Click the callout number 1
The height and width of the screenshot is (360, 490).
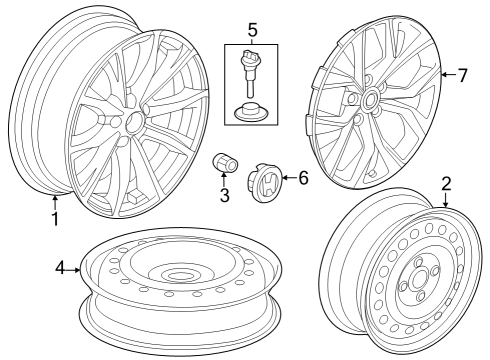[x=55, y=219]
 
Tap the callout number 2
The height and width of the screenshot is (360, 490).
[x=446, y=183]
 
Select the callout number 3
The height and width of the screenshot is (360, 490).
[x=225, y=194]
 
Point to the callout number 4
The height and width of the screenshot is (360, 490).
[x=60, y=268]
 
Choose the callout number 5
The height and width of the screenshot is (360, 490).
[x=253, y=29]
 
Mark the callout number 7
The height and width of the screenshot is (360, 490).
[x=462, y=75]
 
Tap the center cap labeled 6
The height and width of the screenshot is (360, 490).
[x=267, y=180]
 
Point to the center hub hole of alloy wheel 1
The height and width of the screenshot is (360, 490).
[x=133, y=121]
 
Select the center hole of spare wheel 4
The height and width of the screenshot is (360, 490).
[x=181, y=275]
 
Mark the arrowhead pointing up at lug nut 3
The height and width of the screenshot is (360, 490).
[x=225, y=177]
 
